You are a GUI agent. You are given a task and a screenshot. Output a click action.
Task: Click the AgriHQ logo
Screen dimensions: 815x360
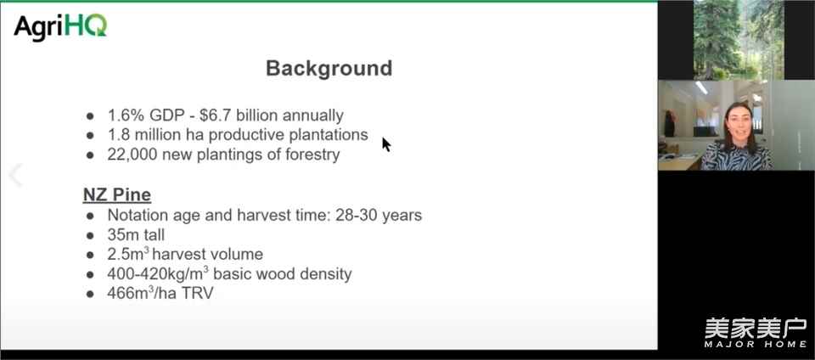click(60, 26)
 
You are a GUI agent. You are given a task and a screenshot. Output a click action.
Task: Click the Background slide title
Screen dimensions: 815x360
click(329, 68)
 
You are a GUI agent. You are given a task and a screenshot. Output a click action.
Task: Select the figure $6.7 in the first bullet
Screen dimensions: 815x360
click(216, 115)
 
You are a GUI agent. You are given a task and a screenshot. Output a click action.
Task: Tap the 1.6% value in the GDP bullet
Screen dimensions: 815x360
click(126, 115)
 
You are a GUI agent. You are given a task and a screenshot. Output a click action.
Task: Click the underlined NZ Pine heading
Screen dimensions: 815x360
click(117, 194)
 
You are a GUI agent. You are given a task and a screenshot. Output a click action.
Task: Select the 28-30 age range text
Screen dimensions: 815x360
click(356, 215)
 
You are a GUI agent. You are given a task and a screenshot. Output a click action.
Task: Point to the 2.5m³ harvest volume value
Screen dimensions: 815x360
click(128, 254)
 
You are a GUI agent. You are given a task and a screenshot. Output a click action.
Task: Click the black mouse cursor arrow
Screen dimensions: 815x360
click(386, 144)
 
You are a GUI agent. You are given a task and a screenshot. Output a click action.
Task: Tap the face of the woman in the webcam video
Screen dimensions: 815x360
click(736, 124)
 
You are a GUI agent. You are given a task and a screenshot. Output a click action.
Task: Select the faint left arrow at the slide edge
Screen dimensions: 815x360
click(15, 175)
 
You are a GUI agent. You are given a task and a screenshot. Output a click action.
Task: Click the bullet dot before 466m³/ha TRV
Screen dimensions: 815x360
click(91, 294)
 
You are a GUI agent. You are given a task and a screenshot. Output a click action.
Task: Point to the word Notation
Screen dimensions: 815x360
click(138, 215)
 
